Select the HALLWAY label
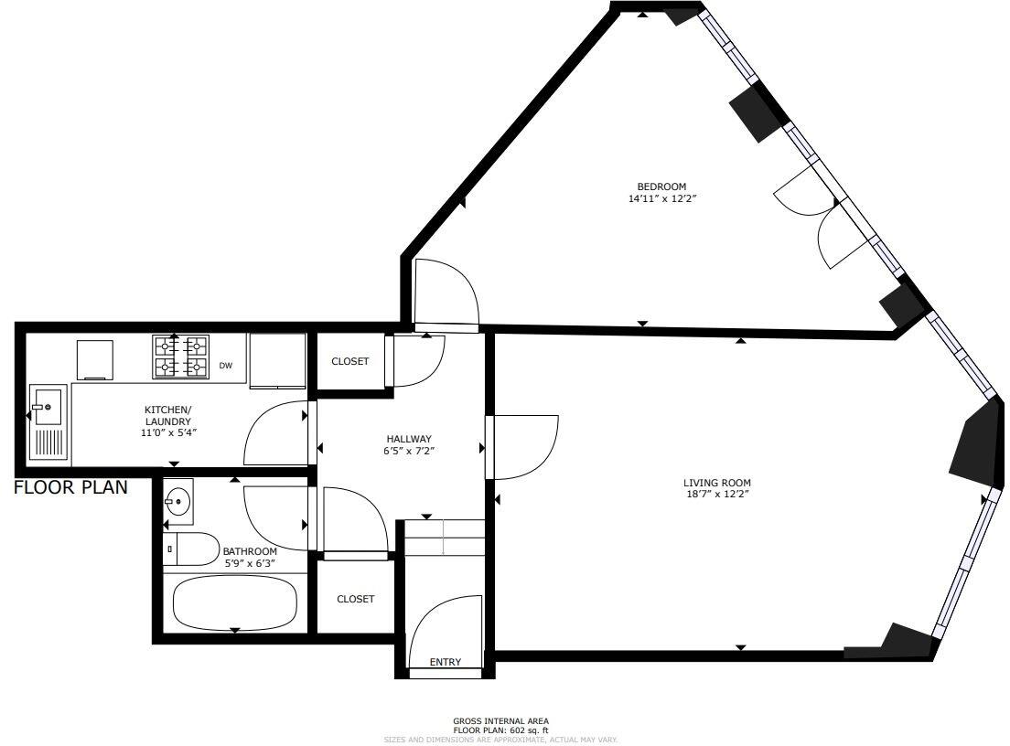(407, 439)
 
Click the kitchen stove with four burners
(179, 356)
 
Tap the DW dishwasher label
(225, 366)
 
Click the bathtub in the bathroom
(235, 603)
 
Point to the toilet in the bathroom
(190, 549)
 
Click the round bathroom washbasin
(177, 501)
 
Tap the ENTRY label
(446, 662)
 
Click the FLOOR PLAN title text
(70, 488)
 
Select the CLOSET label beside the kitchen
(349, 361)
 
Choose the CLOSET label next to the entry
(355, 599)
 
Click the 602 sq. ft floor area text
(500, 730)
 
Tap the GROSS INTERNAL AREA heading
(500, 721)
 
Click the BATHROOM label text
(250, 551)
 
